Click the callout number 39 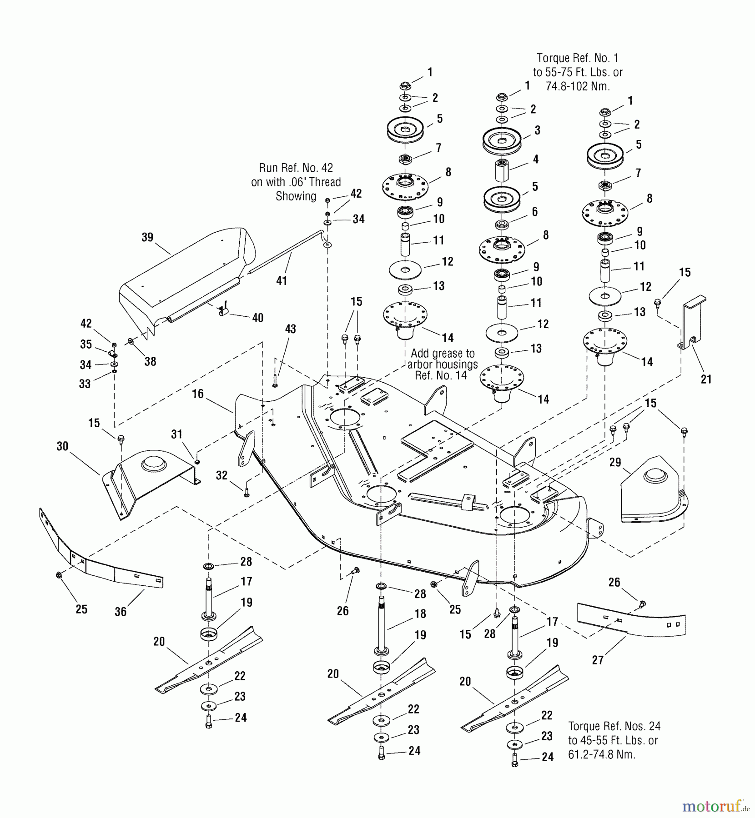[147, 238]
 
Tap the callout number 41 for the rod [282, 281]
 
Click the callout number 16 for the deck [198, 394]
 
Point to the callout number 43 [290, 329]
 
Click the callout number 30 [62, 446]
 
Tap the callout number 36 [121, 612]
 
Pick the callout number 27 [598, 660]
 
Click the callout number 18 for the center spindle [420, 613]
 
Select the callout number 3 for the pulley [537, 130]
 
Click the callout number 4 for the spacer [536, 159]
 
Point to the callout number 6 [534, 211]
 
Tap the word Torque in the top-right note [553, 58]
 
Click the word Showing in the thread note [296, 196]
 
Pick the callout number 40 [257, 318]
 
